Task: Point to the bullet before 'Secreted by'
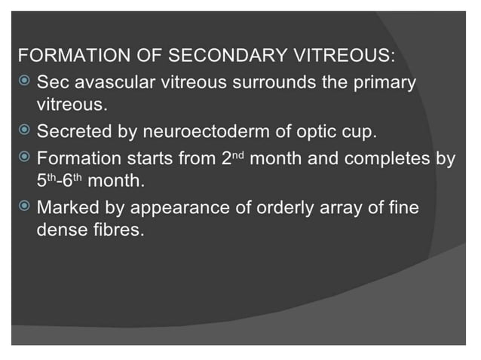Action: pos(26,131)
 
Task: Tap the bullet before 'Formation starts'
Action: pos(26,157)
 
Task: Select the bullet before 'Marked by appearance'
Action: pos(26,206)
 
